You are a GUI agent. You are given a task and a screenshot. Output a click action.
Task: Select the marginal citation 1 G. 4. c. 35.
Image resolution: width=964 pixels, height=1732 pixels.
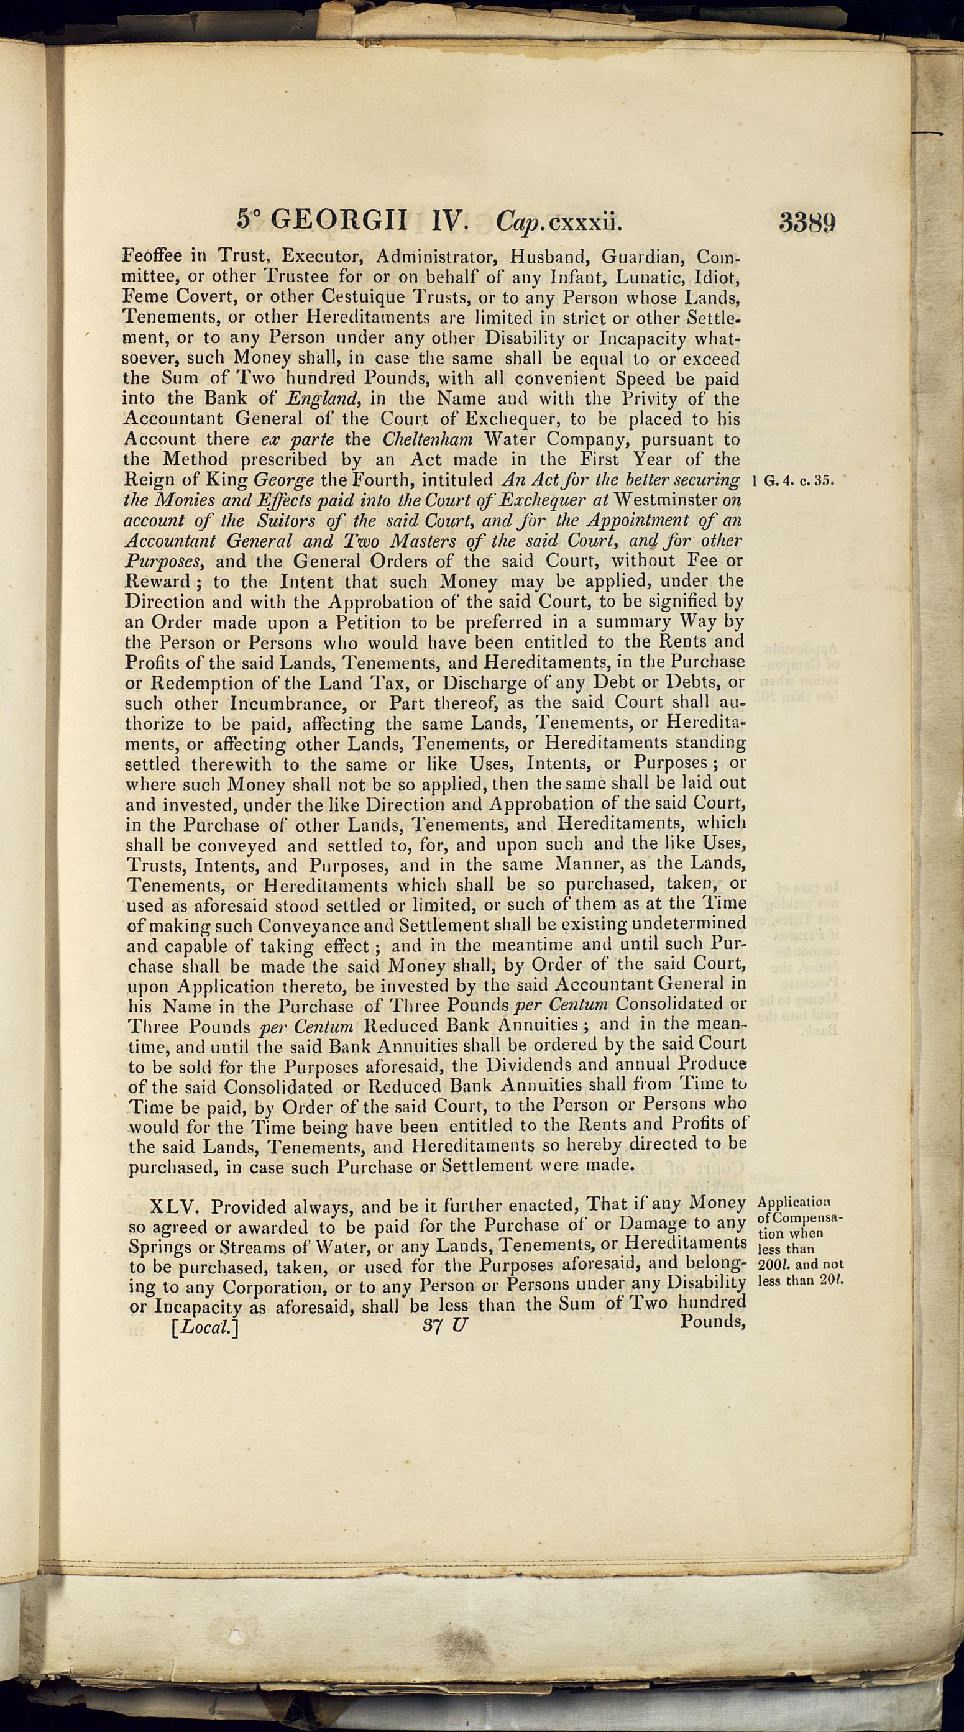coord(797,481)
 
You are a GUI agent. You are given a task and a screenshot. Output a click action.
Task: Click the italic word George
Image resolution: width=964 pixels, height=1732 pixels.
coord(279,481)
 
